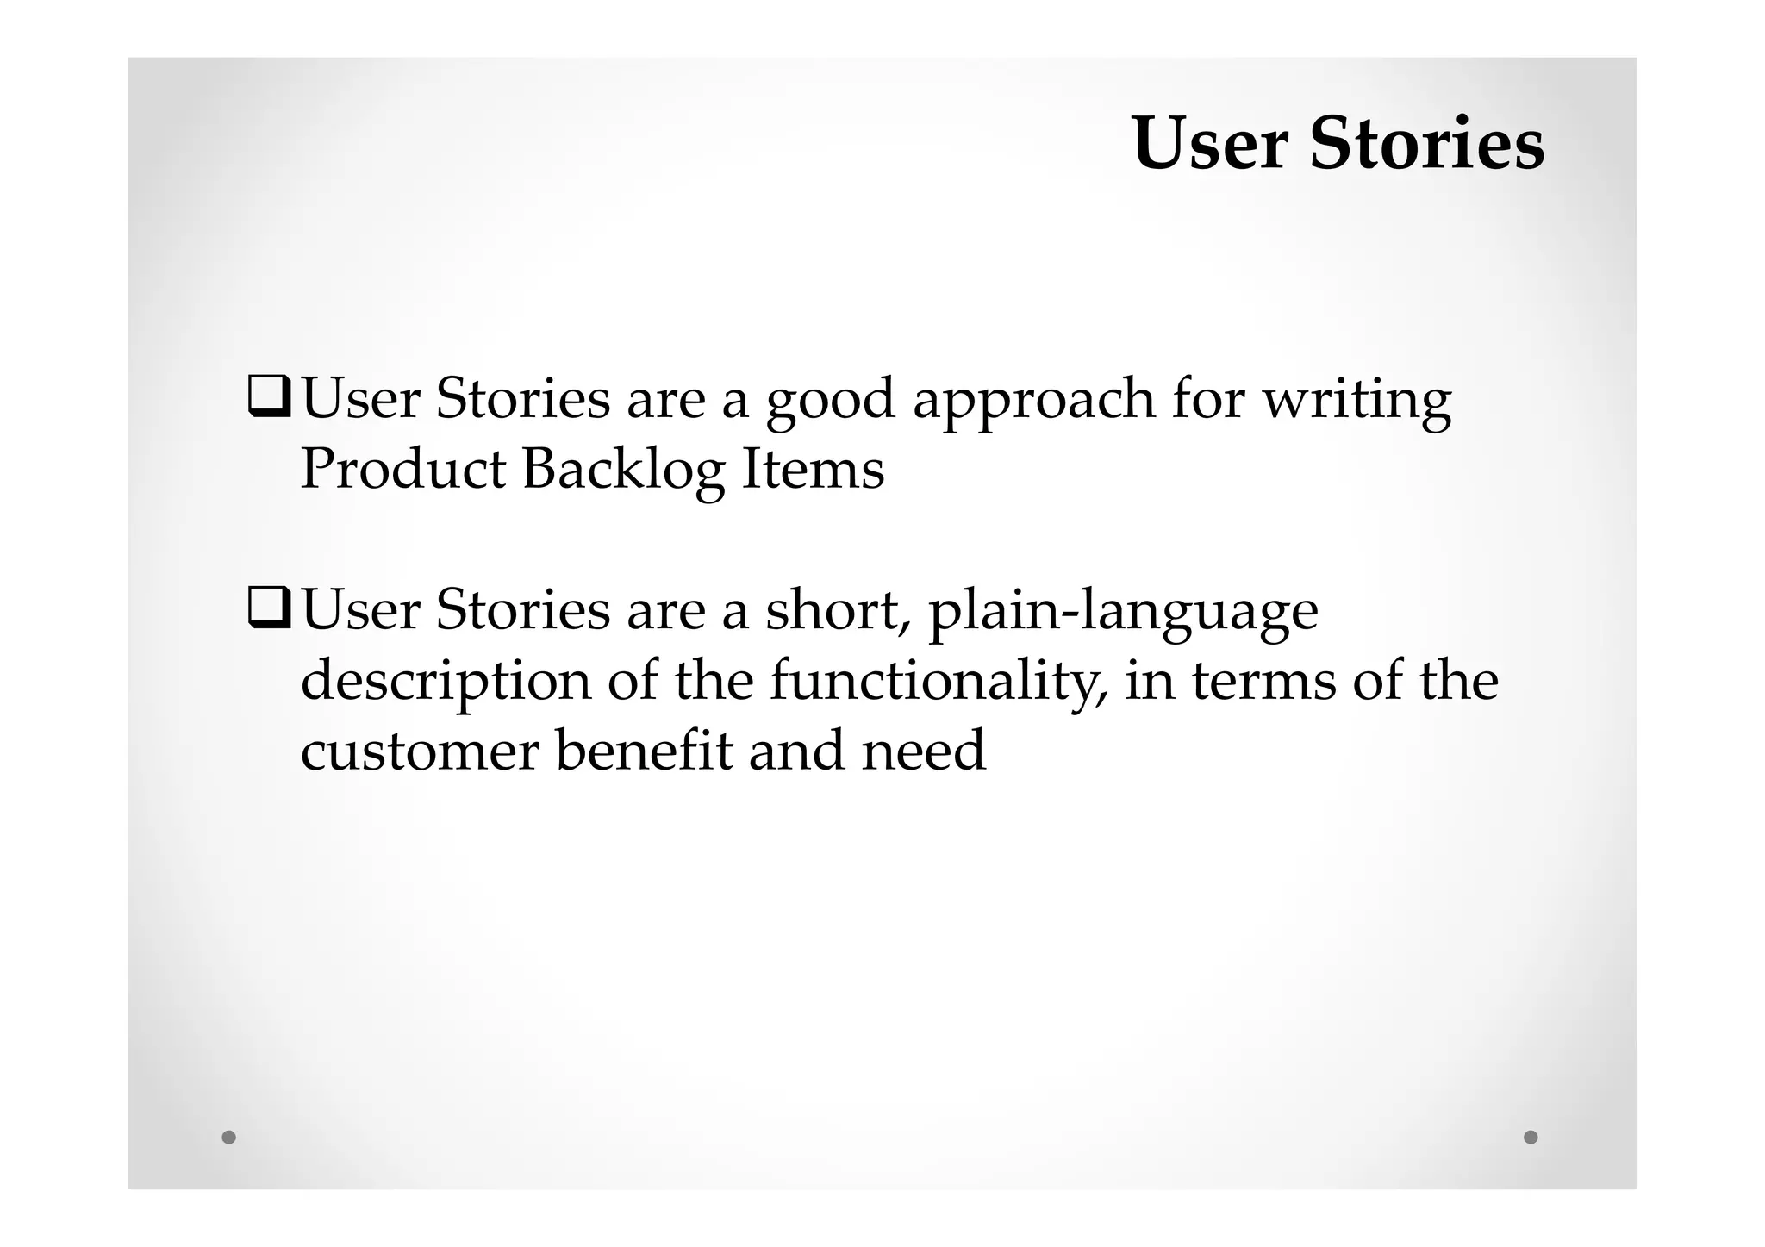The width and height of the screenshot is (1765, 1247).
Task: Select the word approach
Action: tap(1033, 402)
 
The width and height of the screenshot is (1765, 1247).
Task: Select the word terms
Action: tap(1263, 681)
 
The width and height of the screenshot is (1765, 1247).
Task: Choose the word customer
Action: tap(420, 751)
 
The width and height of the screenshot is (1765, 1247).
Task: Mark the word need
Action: tap(923, 751)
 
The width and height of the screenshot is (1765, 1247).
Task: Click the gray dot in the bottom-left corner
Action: tap(228, 1137)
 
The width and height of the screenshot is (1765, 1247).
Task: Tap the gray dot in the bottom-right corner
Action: tap(1531, 1137)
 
